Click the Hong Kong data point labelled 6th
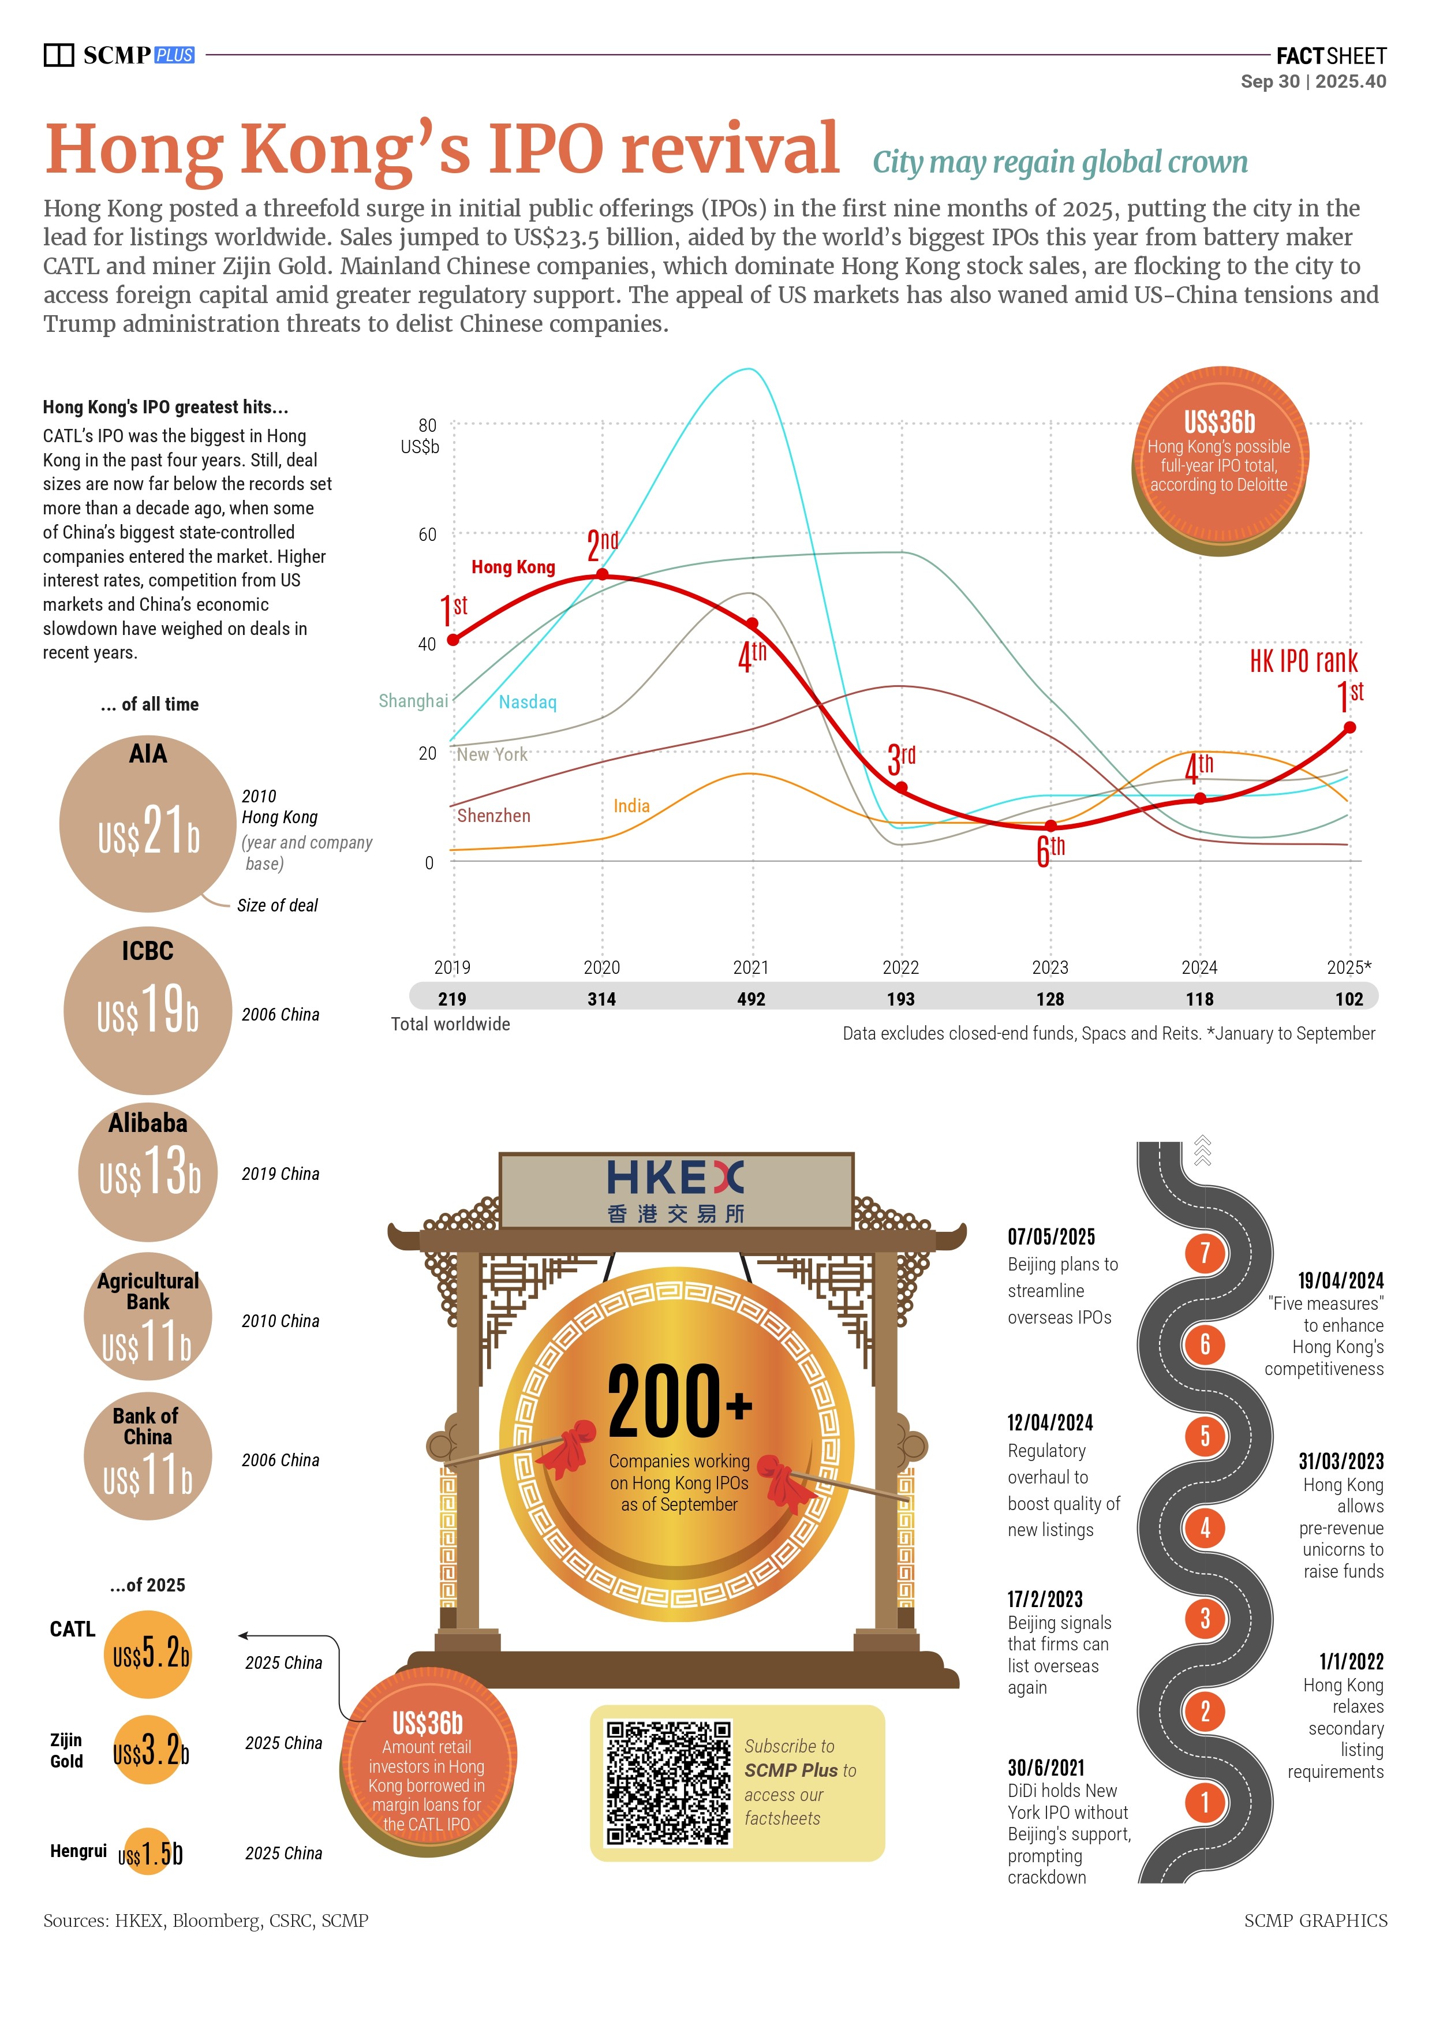[1050, 825]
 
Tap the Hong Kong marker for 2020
[602, 574]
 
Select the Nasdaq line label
[528, 702]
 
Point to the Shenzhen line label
[494, 816]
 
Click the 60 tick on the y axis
[428, 535]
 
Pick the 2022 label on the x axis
[900, 967]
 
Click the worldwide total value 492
[751, 999]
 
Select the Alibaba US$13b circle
[148, 1172]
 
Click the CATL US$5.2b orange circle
[148, 1654]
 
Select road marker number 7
[1205, 1253]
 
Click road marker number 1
[1205, 1802]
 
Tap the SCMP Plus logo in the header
[120, 55]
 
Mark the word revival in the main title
[729, 148]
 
